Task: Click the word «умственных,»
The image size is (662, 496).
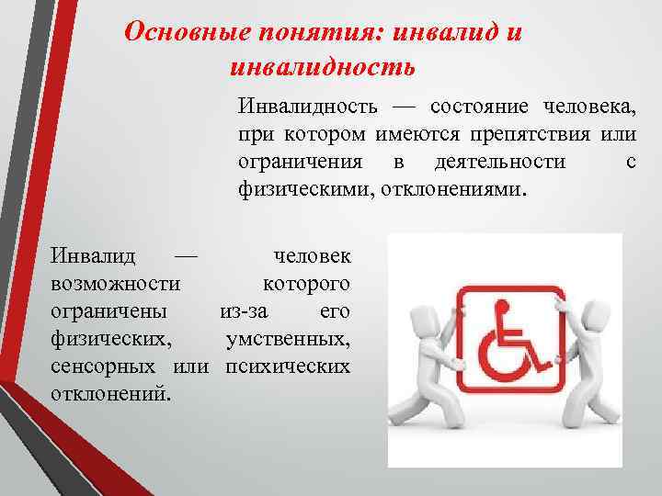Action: pyautogui.click(x=288, y=338)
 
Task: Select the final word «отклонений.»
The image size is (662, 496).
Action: pyautogui.click(x=110, y=393)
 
